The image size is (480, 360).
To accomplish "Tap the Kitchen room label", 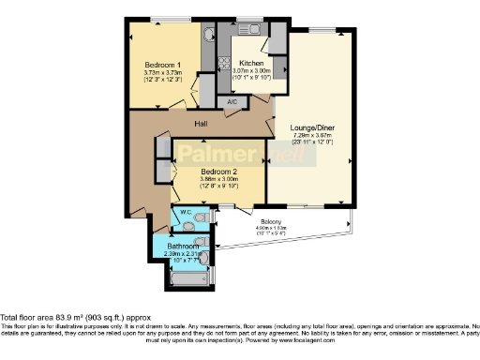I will (x=250, y=63).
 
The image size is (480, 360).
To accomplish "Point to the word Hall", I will (x=201, y=124).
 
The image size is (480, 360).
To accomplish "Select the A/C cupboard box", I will (x=232, y=100).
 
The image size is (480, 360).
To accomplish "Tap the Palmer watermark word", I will (x=211, y=153).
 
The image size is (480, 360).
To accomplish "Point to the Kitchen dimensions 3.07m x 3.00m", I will (x=250, y=71).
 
